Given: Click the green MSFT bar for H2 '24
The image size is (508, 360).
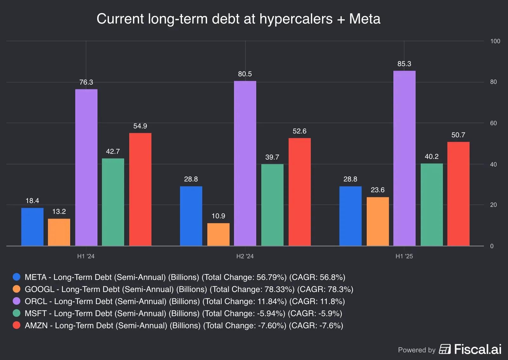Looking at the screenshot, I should click(272, 205).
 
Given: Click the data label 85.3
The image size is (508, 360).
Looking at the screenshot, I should click(404, 64).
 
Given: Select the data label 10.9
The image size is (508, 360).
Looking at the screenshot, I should click(218, 216).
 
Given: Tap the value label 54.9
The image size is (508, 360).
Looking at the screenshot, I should click(140, 126).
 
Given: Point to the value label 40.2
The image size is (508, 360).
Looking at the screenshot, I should click(431, 157).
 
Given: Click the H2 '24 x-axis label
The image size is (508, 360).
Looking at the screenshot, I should click(245, 256).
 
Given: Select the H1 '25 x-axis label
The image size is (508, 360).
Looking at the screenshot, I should click(404, 256).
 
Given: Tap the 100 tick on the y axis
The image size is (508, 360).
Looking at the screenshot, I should click(495, 41).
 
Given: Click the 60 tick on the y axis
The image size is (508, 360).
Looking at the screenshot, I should click(493, 123).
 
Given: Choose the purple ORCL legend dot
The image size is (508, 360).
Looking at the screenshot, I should click(17, 301).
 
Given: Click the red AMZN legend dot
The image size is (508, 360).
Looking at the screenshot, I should click(17, 325).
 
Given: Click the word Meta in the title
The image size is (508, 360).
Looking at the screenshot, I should click(364, 19).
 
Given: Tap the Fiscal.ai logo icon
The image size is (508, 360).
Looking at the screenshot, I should click(445, 349).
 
